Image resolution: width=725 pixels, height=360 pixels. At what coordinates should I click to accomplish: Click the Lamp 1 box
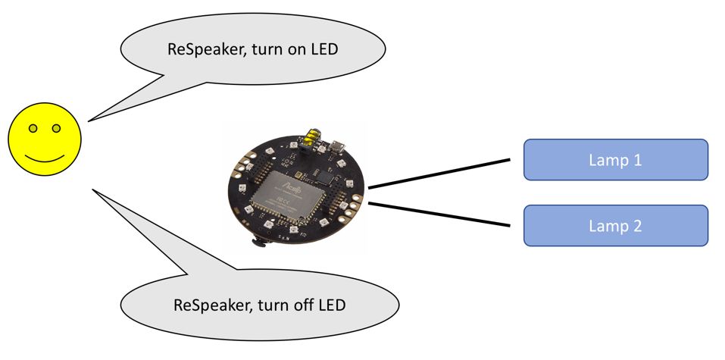tap(615, 160)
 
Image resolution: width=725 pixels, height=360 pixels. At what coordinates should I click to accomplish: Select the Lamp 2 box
tap(615, 226)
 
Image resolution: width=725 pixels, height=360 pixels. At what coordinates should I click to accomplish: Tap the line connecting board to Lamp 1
tap(439, 174)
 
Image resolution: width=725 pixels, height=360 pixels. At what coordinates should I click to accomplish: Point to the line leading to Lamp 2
tap(439, 214)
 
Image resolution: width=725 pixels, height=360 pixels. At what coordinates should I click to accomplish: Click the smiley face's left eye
tap(33, 128)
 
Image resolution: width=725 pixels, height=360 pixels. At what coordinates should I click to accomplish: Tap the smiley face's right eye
tap(56, 128)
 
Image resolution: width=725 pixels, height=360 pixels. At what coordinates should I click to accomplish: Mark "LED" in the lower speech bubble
tap(332, 305)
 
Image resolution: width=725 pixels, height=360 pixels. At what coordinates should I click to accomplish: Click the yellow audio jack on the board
tap(311, 136)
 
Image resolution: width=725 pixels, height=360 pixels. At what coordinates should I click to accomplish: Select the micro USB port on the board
tap(338, 147)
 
